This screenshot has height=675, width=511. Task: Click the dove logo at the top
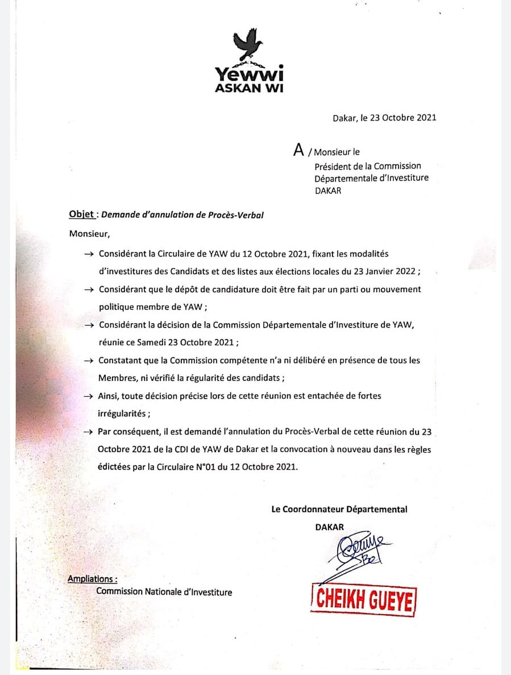click(248, 46)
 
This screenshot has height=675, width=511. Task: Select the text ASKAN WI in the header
click(249, 88)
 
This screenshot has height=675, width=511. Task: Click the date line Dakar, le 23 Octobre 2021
click(384, 118)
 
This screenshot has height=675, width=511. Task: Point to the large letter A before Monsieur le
click(298, 150)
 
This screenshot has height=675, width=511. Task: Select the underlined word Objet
click(81, 214)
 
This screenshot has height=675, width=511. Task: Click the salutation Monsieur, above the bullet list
click(88, 233)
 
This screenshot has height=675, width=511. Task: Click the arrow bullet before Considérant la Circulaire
click(88, 254)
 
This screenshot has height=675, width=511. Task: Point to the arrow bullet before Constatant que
click(88, 361)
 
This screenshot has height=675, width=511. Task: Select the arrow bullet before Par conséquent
click(88, 432)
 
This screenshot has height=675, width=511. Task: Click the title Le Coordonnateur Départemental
click(339, 510)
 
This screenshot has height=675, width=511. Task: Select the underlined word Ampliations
click(92, 579)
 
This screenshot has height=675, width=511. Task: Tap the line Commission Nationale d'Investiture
click(164, 592)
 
